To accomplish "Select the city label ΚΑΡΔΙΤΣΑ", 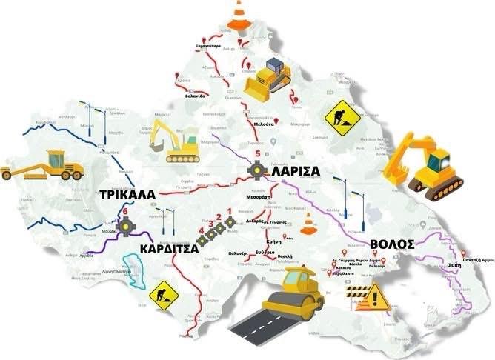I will click(x=167, y=248).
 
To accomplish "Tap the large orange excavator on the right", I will click(x=422, y=163).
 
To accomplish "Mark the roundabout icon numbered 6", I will click(x=124, y=225).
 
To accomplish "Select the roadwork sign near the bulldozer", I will click(x=341, y=116).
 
